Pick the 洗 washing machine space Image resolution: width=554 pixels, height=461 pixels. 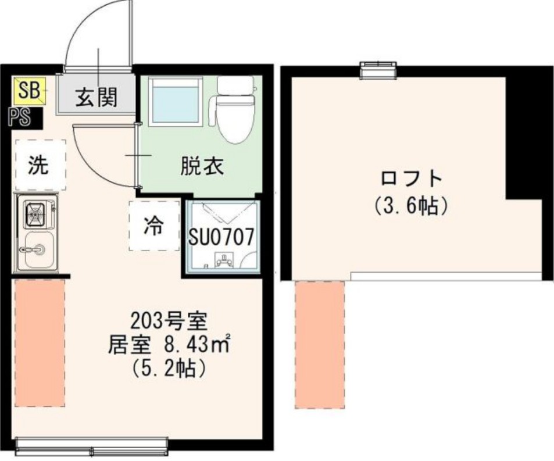tap(40, 166)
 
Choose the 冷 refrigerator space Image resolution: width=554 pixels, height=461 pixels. tap(153, 225)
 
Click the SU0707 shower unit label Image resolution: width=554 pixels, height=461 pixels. tap(221, 237)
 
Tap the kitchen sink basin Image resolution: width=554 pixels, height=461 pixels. tap(38, 249)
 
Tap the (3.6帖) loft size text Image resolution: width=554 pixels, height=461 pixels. tap(412, 206)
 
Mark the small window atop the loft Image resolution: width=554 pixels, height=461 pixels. tap(378, 69)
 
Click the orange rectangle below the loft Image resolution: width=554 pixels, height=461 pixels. tap(320, 344)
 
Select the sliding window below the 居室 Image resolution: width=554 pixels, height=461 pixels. tap(91, 446)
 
